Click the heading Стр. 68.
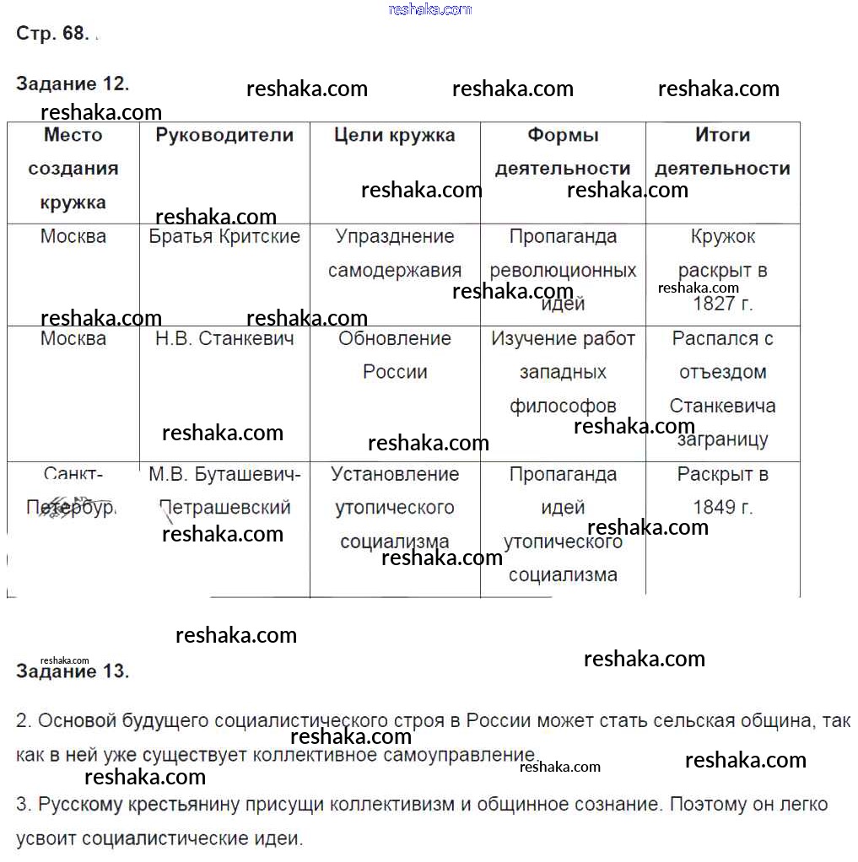point(51,34)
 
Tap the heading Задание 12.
point(73,84)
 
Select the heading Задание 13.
point(73,671)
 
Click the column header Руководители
point(224,135)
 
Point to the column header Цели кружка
point(394,135)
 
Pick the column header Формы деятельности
point(563,152)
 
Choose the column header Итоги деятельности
point(722,152)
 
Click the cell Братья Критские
point(224,236)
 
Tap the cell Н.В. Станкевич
point(224,338)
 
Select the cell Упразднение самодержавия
point(394,253)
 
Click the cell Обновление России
point(395,355)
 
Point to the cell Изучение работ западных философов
point(563,372)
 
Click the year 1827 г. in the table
point(722,304)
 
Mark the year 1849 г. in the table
point(722,508)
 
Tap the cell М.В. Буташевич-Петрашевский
point(224,491)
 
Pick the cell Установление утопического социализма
point(395,508)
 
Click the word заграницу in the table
point(722,439)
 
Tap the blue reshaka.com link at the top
point(429,9)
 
